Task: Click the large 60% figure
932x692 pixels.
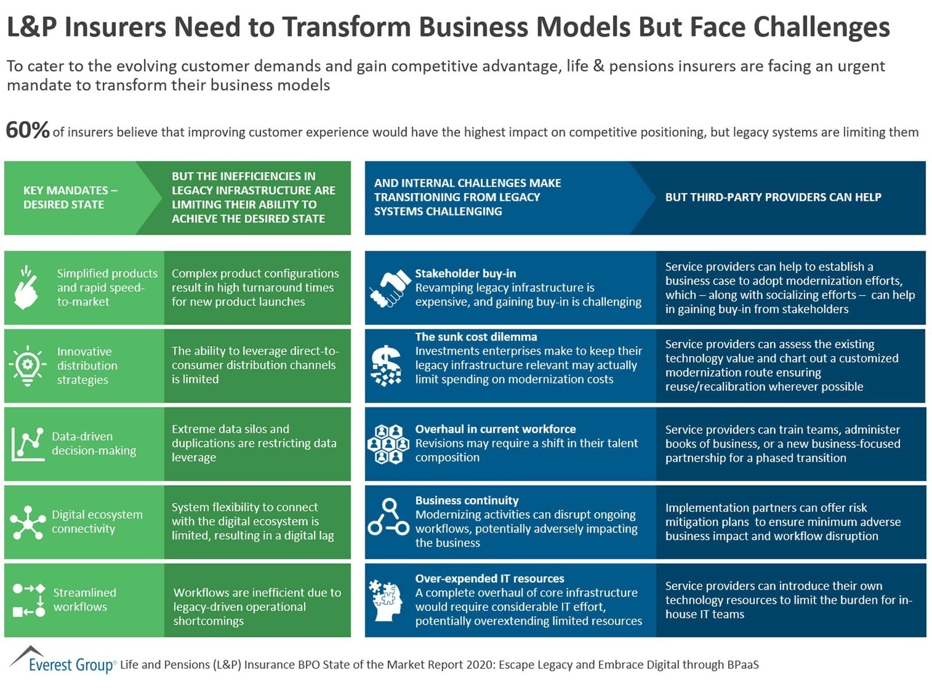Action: point(28,130)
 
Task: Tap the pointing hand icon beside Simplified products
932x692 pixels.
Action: point(26,287)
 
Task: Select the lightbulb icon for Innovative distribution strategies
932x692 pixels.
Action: point(28,365)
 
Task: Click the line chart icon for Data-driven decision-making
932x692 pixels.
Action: point(28,444)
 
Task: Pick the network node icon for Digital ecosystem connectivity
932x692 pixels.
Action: point(28,523)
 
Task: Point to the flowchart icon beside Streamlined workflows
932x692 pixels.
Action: point(29,601)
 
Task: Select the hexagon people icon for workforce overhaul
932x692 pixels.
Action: point(389,444)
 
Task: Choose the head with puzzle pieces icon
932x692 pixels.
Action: point(385,601)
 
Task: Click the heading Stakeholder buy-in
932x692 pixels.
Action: point(465,274)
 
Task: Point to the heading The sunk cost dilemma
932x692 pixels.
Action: point(476,337)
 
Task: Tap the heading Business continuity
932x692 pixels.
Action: point(467,501)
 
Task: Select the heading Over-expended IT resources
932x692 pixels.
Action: point(489,579)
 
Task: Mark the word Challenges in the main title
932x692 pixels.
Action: point(821,27)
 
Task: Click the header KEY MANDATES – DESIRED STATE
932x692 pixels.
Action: point(70,197)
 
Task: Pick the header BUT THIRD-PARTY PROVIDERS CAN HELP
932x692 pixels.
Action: point(773,197)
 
